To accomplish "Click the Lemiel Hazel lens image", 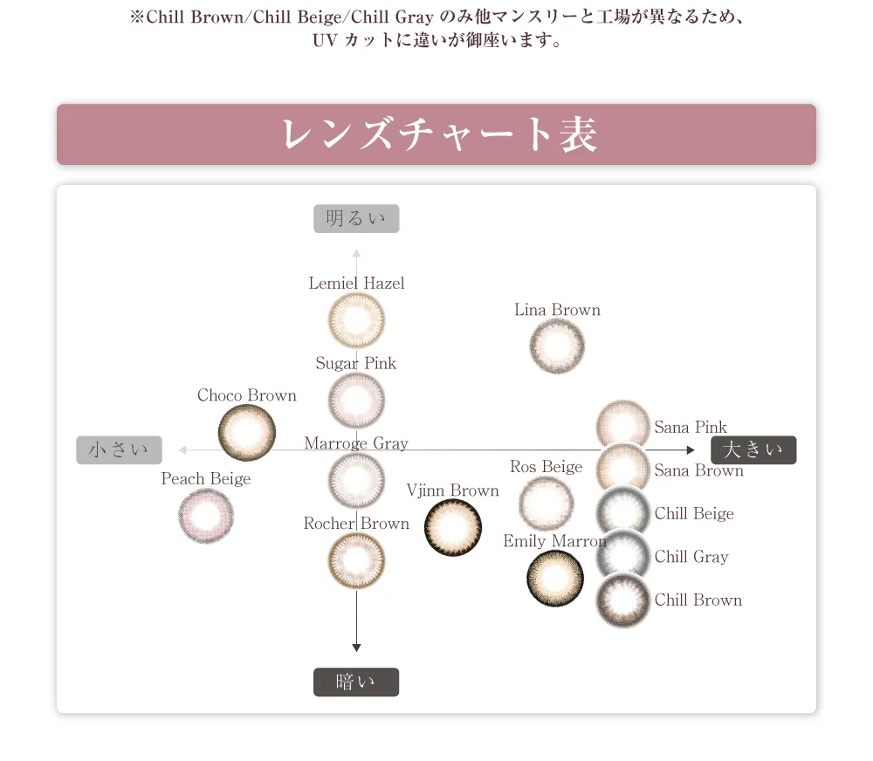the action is pos(356,320).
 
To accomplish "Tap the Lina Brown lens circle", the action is pos(557,346).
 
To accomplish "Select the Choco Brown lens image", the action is pos(246,432).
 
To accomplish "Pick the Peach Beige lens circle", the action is pos(206,516).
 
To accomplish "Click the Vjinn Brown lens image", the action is pos(453,528).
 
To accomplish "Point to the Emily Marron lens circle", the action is pos(555,579).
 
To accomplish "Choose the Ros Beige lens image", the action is pos(546,503).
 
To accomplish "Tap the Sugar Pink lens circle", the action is pos(356,401).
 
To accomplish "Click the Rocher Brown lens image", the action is pos(356,560).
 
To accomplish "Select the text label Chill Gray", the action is pos(691,557).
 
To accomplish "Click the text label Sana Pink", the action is pos(691,427).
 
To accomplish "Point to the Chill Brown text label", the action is pos(698,600).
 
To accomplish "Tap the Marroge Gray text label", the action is pos(356,443).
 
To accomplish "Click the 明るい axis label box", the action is pos(356,218).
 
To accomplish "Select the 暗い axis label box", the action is pos(356,682).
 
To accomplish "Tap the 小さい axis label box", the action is pos(119,449).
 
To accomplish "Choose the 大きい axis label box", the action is pos(753,449).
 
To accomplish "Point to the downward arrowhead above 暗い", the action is pos(356,647).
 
